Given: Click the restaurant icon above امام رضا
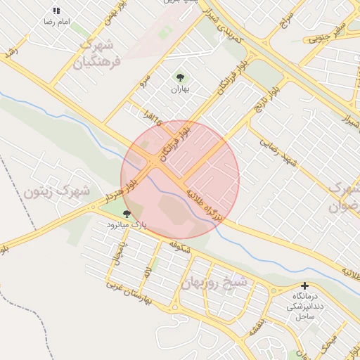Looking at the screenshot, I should tap(56, 11).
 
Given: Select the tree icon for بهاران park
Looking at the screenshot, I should tap(180, 77).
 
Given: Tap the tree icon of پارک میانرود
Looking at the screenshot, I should tap(127, 213).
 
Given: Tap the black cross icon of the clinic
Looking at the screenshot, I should tap(304, 285).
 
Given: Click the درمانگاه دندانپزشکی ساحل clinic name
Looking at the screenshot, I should tap(304, 307).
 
